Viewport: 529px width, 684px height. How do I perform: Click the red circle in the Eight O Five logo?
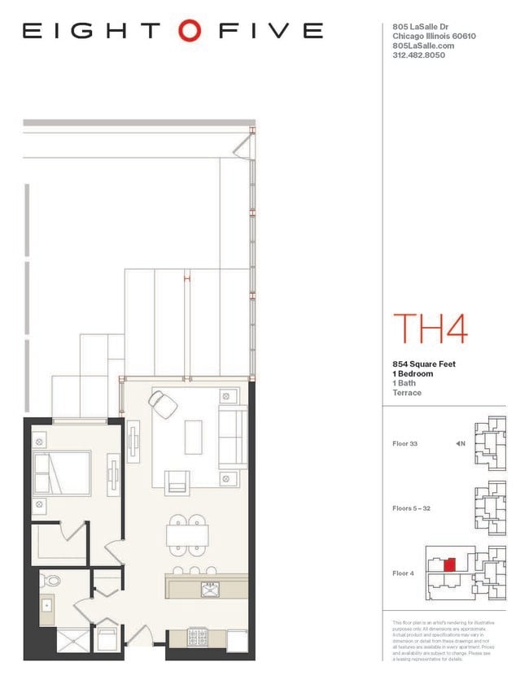[x=189, y=31]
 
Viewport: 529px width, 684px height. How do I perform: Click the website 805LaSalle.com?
[x=418, y=46]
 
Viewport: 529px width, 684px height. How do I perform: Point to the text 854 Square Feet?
[x=424, y=364]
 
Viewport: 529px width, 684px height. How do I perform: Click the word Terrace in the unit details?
[x=407, y=393]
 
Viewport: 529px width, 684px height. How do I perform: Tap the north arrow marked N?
[x=460, y=443]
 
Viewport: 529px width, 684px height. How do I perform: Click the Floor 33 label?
[x=404, y=443]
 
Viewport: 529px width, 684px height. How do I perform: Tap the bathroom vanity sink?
[x=46, y=607]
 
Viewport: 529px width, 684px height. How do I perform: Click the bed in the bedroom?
[x=62, y=473]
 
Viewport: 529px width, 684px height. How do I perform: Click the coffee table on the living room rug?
[x=194, y=437]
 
